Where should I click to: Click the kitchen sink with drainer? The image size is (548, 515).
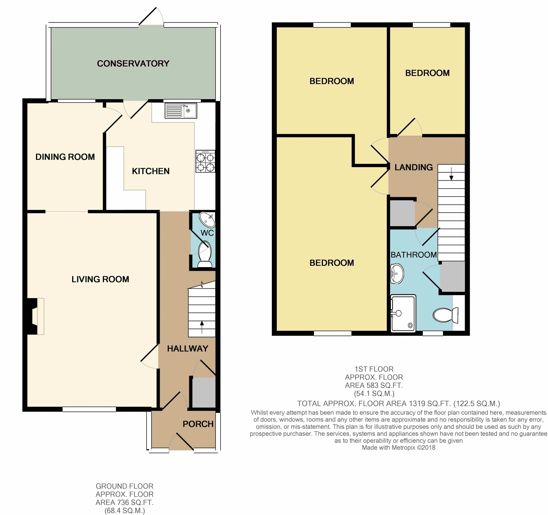point(181,111)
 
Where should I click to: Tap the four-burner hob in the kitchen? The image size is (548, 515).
point(205,161)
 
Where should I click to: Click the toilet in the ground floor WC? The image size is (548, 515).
point(205,255)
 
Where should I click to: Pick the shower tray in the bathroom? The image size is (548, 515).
point(403,313)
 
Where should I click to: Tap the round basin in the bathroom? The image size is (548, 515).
point(397,274)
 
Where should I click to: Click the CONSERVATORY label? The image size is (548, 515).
point(133,64)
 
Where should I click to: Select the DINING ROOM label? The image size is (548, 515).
point(65,157)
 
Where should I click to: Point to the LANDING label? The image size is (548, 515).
point(414,167)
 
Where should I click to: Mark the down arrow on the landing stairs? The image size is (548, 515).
point(451,174)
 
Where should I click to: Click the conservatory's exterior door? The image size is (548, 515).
point(151,17)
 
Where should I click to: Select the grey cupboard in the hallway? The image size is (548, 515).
point(204,392)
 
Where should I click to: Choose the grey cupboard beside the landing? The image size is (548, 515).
point(402,213)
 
